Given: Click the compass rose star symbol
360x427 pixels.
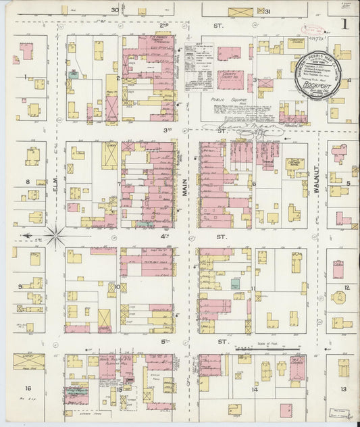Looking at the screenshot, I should pos(55,236).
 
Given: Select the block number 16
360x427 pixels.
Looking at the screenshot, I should pos(28,388).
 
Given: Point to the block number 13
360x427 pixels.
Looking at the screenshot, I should pos(344,389).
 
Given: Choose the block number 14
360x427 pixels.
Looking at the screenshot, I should pos(255,390).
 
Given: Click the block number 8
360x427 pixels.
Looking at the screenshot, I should pos(28,181).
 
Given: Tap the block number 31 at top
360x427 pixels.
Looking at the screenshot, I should pos(267,11).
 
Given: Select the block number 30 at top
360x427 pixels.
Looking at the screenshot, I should pos(115,10).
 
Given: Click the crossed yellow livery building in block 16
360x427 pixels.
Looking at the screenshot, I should pos(29,361).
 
